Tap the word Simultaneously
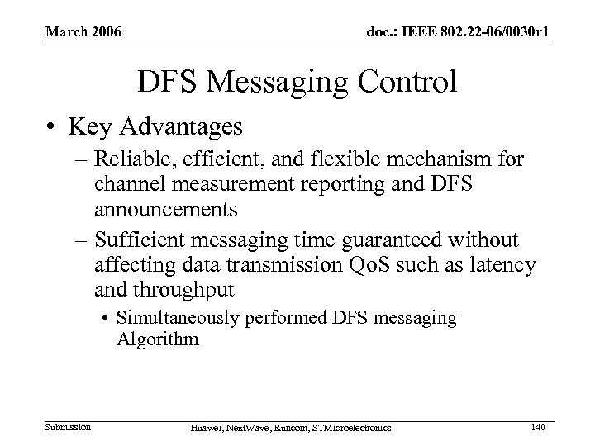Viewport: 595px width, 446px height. pos(174,318)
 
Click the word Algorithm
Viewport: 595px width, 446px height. pos(158,339)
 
